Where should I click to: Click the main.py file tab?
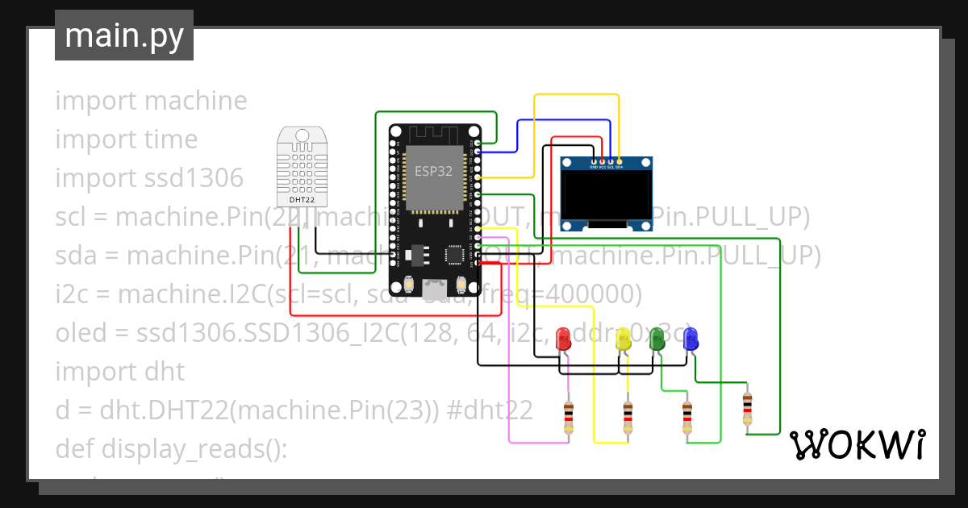(x=123, y=35)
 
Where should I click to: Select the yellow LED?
(x=623, y=339)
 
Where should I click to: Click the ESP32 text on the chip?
(x=434, y=171)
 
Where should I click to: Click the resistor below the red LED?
(x=570, y=418)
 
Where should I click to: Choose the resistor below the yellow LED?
(x=628, y=418)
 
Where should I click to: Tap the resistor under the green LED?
(x=687, y=418)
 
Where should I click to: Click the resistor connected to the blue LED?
(x=747, y=408)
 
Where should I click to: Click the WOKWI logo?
(x=857, y=444)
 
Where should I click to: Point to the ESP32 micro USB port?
(x=436, y=286)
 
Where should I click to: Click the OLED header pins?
(x=607, y=163)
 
